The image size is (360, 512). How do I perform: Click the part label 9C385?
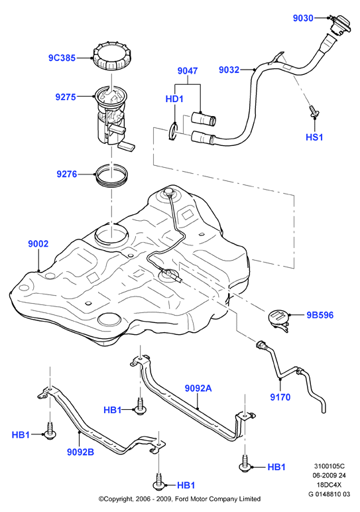click(x=62, y=58)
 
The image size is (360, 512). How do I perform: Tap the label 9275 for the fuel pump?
click(x=66, y=97)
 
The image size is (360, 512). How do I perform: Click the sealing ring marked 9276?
click(x=111, y=176)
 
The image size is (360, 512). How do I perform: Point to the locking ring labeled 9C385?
click(x=111, y=58)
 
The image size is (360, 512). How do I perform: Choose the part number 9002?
click(x=38, y=243)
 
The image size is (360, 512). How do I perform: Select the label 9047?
click(x=188, y=71)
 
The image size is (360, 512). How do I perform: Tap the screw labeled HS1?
click(x=314, y=113)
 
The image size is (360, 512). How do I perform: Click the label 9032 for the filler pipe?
click(x=229, y=70)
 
